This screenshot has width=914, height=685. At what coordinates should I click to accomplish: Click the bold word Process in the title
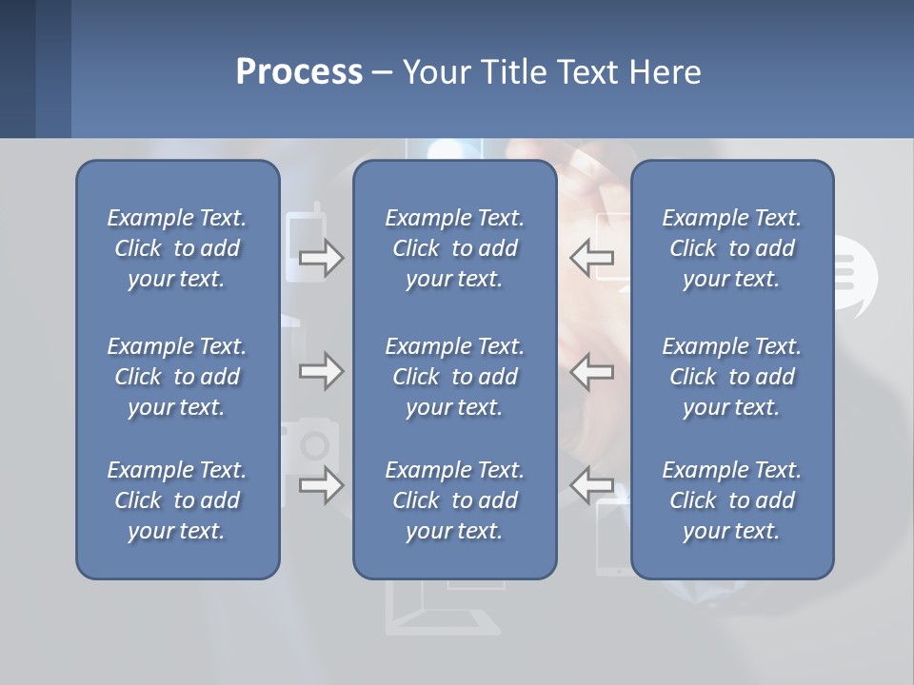coord(299,72)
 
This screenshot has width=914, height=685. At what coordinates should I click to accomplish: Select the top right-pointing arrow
coord(322,258)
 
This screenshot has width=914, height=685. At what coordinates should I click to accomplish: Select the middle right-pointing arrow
coord(322,371)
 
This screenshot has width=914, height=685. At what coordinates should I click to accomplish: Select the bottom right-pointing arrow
coord(322,486)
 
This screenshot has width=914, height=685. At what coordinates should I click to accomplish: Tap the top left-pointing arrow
coord(591,257)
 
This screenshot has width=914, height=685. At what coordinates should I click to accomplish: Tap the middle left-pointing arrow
coord(591,371)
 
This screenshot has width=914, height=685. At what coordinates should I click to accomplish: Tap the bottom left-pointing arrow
coord(591,484)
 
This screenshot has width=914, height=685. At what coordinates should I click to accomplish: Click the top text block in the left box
coord(177,248)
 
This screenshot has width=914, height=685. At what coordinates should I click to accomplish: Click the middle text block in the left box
coord(177,377)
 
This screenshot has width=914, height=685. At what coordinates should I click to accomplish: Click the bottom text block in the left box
coord(177,500)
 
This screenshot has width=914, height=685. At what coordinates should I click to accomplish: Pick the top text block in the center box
coord(455,248)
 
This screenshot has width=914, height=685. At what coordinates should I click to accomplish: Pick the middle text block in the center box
coord(455,377)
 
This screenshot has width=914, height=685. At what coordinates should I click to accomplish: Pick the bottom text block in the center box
coord(455,500)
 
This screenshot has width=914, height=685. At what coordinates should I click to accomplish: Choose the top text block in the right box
coord(732,248)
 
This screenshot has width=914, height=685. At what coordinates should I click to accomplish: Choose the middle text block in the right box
coord(732,377)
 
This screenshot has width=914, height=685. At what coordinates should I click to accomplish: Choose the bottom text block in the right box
coord(732,500)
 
